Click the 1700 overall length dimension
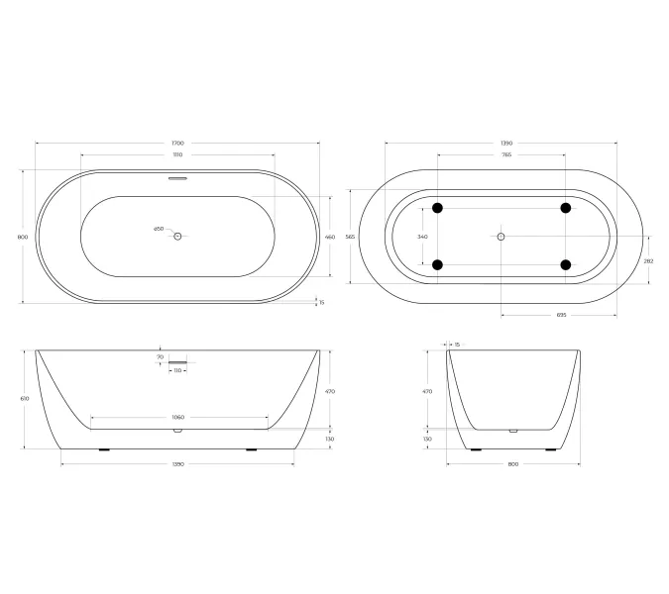point(178,144)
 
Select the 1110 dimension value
point(178,155)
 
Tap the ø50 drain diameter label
point(159,229)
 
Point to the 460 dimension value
point(330,237)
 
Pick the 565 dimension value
point(349,237)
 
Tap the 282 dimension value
point(649,260)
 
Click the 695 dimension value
point(560,316)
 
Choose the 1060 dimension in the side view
point(178,417)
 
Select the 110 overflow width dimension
point(178,370)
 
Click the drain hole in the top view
point(178,237)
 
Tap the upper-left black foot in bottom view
point(437,208)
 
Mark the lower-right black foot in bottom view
point(566,264)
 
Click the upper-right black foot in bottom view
point(566,208)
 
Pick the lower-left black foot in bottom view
point(437,264)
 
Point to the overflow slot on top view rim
point(178,179)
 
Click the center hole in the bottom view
point(501,237)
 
